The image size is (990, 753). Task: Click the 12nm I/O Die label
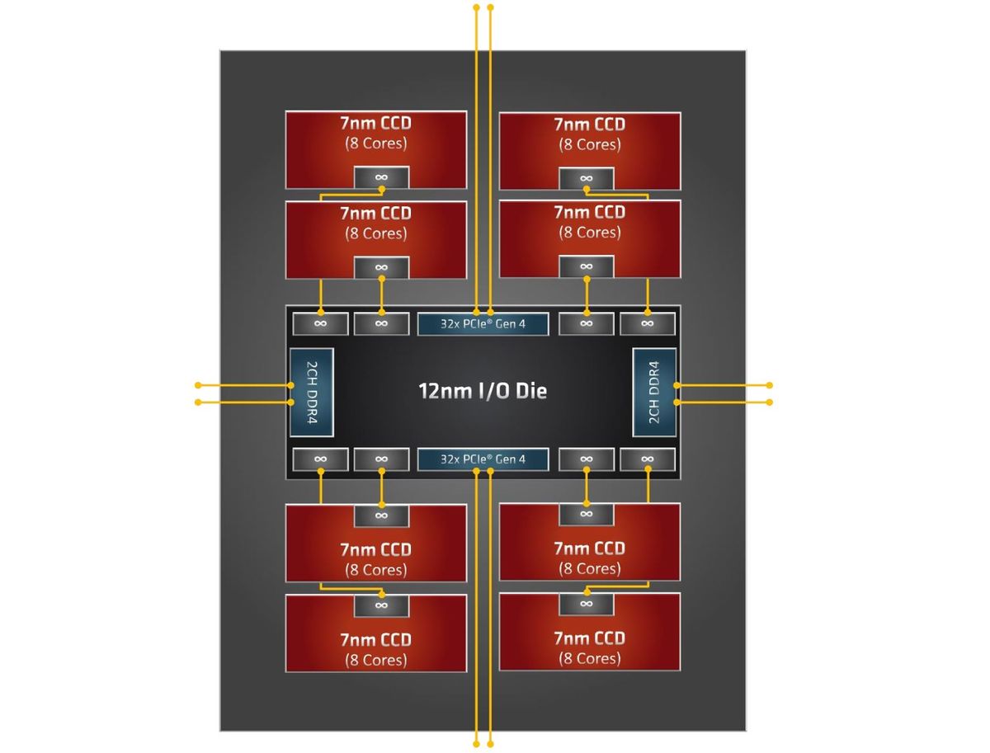pos(483,390)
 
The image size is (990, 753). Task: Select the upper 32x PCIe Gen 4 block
pos(483,323)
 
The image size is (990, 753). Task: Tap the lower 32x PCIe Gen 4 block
pos(483,459)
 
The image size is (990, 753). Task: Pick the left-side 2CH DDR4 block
pos(311,393)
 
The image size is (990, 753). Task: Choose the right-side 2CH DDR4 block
pos(654,393)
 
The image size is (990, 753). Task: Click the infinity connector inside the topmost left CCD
pos(381,177)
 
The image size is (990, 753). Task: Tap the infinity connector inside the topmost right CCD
pos(586,178)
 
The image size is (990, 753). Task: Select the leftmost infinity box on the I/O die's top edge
pos(320,323)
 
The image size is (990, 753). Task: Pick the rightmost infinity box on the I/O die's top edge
pos(647,323)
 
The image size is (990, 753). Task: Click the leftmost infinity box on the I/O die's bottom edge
pos(320,459)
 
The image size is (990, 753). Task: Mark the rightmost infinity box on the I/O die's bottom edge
pos(647,459)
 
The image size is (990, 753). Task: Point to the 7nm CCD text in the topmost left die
pos(375,125)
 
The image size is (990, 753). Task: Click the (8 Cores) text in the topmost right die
pos(589,144)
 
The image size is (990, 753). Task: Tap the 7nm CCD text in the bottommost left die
pos(375,639)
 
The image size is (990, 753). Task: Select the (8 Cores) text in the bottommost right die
pos(589,658)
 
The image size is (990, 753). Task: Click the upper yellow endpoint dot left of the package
pos(198,385)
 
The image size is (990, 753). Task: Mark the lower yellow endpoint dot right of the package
pos(770,402)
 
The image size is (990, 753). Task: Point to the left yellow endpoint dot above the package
pos(476,7)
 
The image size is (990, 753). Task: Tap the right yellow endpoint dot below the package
pos(491,744)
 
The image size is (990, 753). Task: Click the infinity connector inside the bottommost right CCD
pos(586,605)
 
